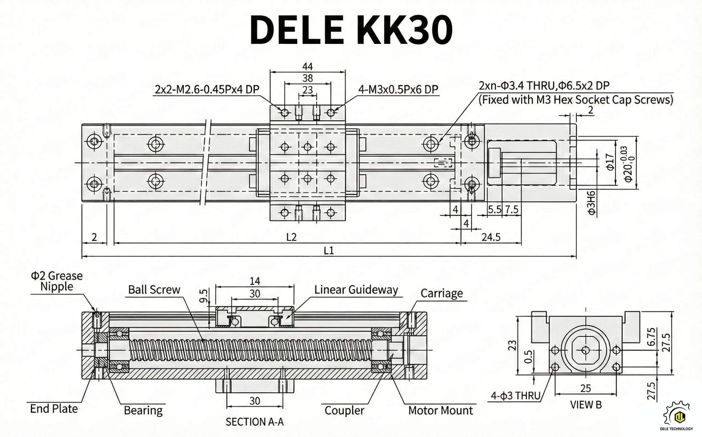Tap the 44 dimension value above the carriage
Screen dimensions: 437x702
pyautogui.click(x=307, y=66)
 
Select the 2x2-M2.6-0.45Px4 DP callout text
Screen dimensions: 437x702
pyautogui.click(x=207, y=89)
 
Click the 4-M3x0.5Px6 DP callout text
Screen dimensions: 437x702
pyautogui.click(x=398, y=89)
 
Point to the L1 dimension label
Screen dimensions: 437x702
pyautogui.click(x=329, y=250)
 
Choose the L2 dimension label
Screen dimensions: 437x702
pyautogui.click(x=291, y=237)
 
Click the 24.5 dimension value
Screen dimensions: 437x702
pyautogui.click(x=491, y=237)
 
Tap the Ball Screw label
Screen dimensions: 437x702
pyautogui.click(x=154, y=290)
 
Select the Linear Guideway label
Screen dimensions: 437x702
pyautogui.click(x=356, y=290)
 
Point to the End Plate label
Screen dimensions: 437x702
pyautogui.click(x=54, y=409)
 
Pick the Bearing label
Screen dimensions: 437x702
pyautogui.click(x=143, y=410)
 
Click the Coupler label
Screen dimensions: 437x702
pyautogui.click(x=344, y=410)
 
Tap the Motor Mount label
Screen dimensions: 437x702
pyautogui.click(x=440, y=410)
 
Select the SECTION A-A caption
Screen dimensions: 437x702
pyautogui.click(x=254, y=422)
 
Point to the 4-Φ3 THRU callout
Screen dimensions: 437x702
pyautogui.click(x=516, y=396)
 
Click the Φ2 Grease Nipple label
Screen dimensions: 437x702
pyautogui.click(x=57, y=281)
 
